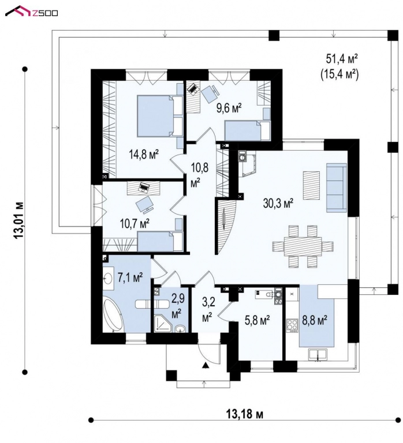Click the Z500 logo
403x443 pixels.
click(x=36, y=11)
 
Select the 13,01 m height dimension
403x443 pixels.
click(x=21, y=220)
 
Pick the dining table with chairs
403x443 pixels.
click(x=303, y=246)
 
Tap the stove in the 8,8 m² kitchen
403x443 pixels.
click(x=290, y=323)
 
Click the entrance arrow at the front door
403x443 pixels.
click(x=204, y=365)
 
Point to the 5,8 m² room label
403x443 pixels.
click(x=258, y=319)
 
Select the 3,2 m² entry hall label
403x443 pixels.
click(x=207, y=309)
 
